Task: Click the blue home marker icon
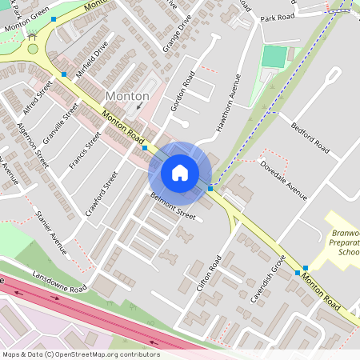[x=179, y=172]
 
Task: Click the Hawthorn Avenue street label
[x=227, y=103]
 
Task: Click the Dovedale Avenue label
[x=284, y=179]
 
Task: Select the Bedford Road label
[x=310, y=137]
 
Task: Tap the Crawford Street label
[x=101, y=194]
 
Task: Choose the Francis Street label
[x=85, y=150]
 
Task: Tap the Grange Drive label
[x=176, y=31]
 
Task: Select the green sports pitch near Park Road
[x=274, y=57]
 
